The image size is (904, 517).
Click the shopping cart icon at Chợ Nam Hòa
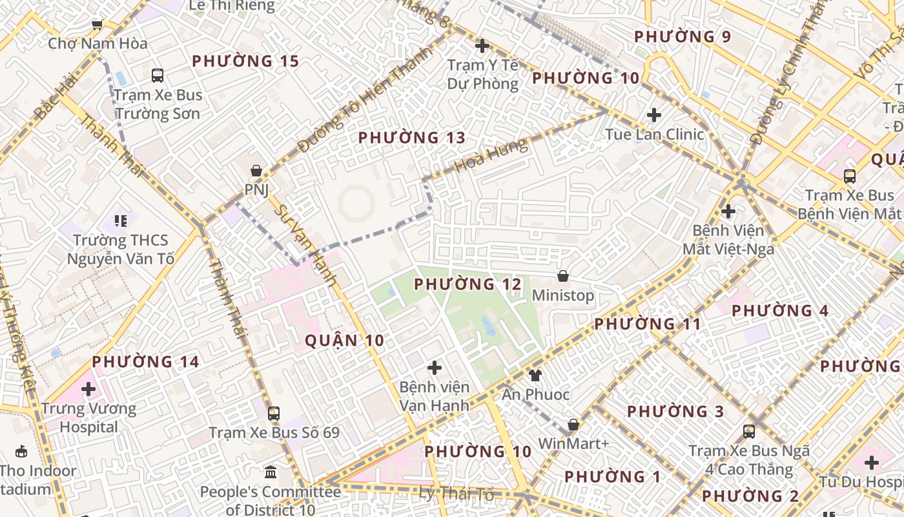pos(97,25)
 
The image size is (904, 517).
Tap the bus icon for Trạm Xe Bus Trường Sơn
pos(158,76)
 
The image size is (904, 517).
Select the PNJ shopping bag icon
pos(256,171)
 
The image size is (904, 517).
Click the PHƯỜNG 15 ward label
pos(245,61)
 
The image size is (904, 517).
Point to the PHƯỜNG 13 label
pos(411,138)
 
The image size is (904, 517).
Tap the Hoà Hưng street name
pos(490,156)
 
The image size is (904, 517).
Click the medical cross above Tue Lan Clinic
pos(654,115)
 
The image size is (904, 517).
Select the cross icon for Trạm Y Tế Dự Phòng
pos(482,46)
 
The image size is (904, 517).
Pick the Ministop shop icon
pos(563,276)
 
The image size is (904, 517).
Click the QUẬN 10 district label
pos(344,341)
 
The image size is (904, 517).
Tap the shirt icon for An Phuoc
pos(535,375)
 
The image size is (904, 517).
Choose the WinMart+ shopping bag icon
pos(573,425)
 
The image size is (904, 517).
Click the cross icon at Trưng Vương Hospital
pos(88,389)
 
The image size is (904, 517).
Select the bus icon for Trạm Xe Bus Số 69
pos(274,413)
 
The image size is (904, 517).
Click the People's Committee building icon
pos(271,472)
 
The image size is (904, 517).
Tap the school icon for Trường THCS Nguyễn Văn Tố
pos(120,221)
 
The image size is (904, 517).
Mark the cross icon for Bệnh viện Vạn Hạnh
pos(435,368)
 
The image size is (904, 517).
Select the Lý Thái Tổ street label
pos(457,494)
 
